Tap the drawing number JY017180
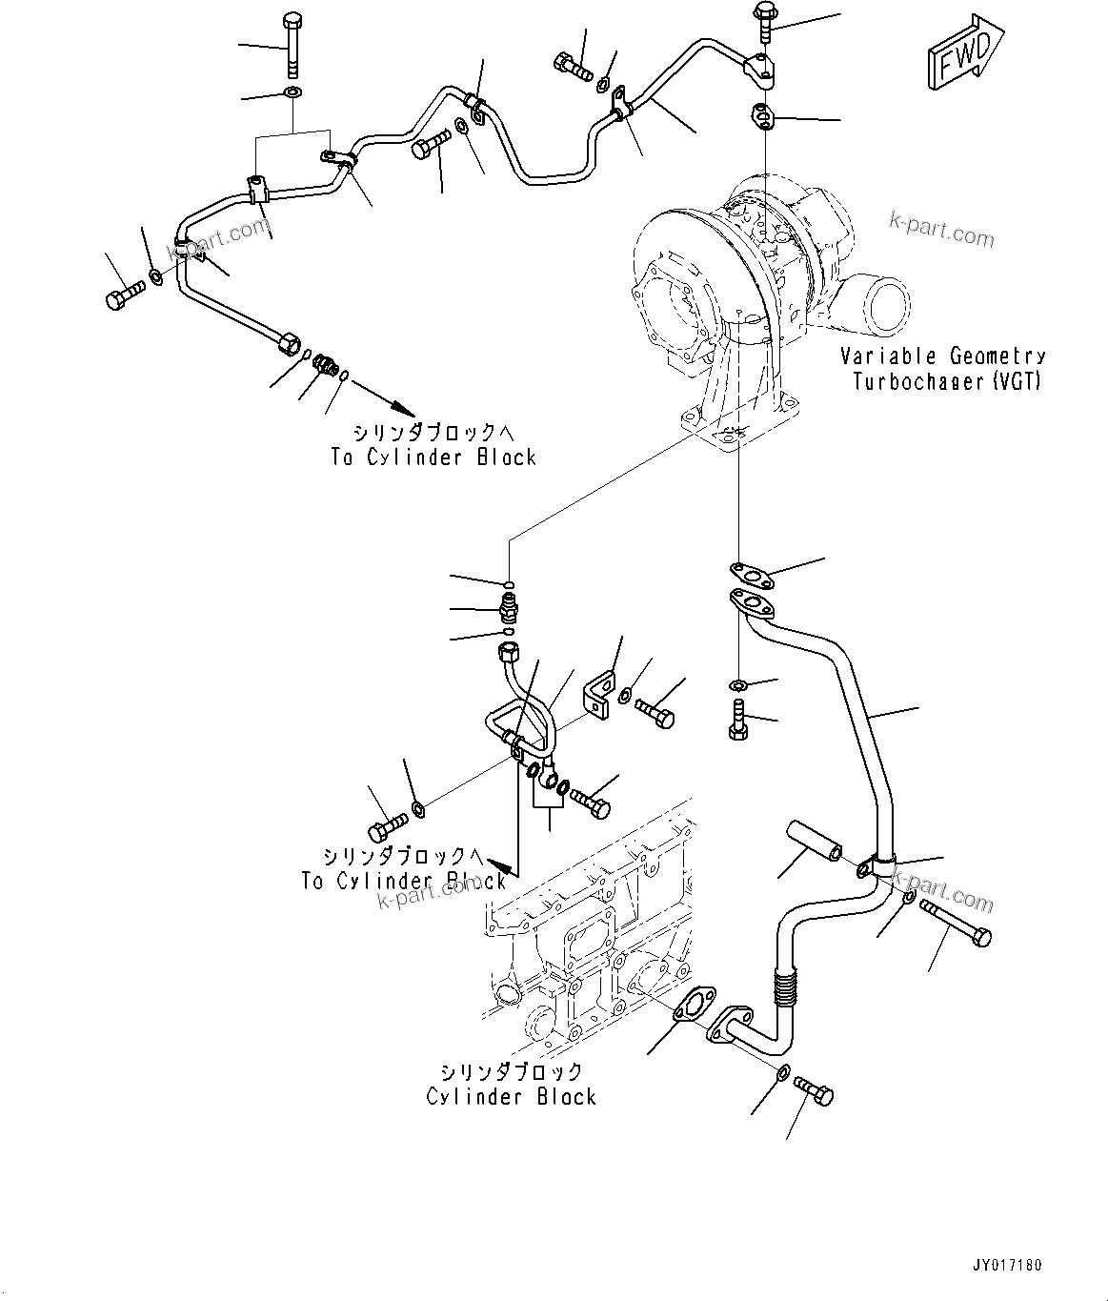pos(1007,1266)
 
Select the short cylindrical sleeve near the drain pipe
pos(814,839)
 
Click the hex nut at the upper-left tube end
pos(286,341)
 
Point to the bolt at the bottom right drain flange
pos(813,1091)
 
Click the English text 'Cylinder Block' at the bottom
pos(511,1097)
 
